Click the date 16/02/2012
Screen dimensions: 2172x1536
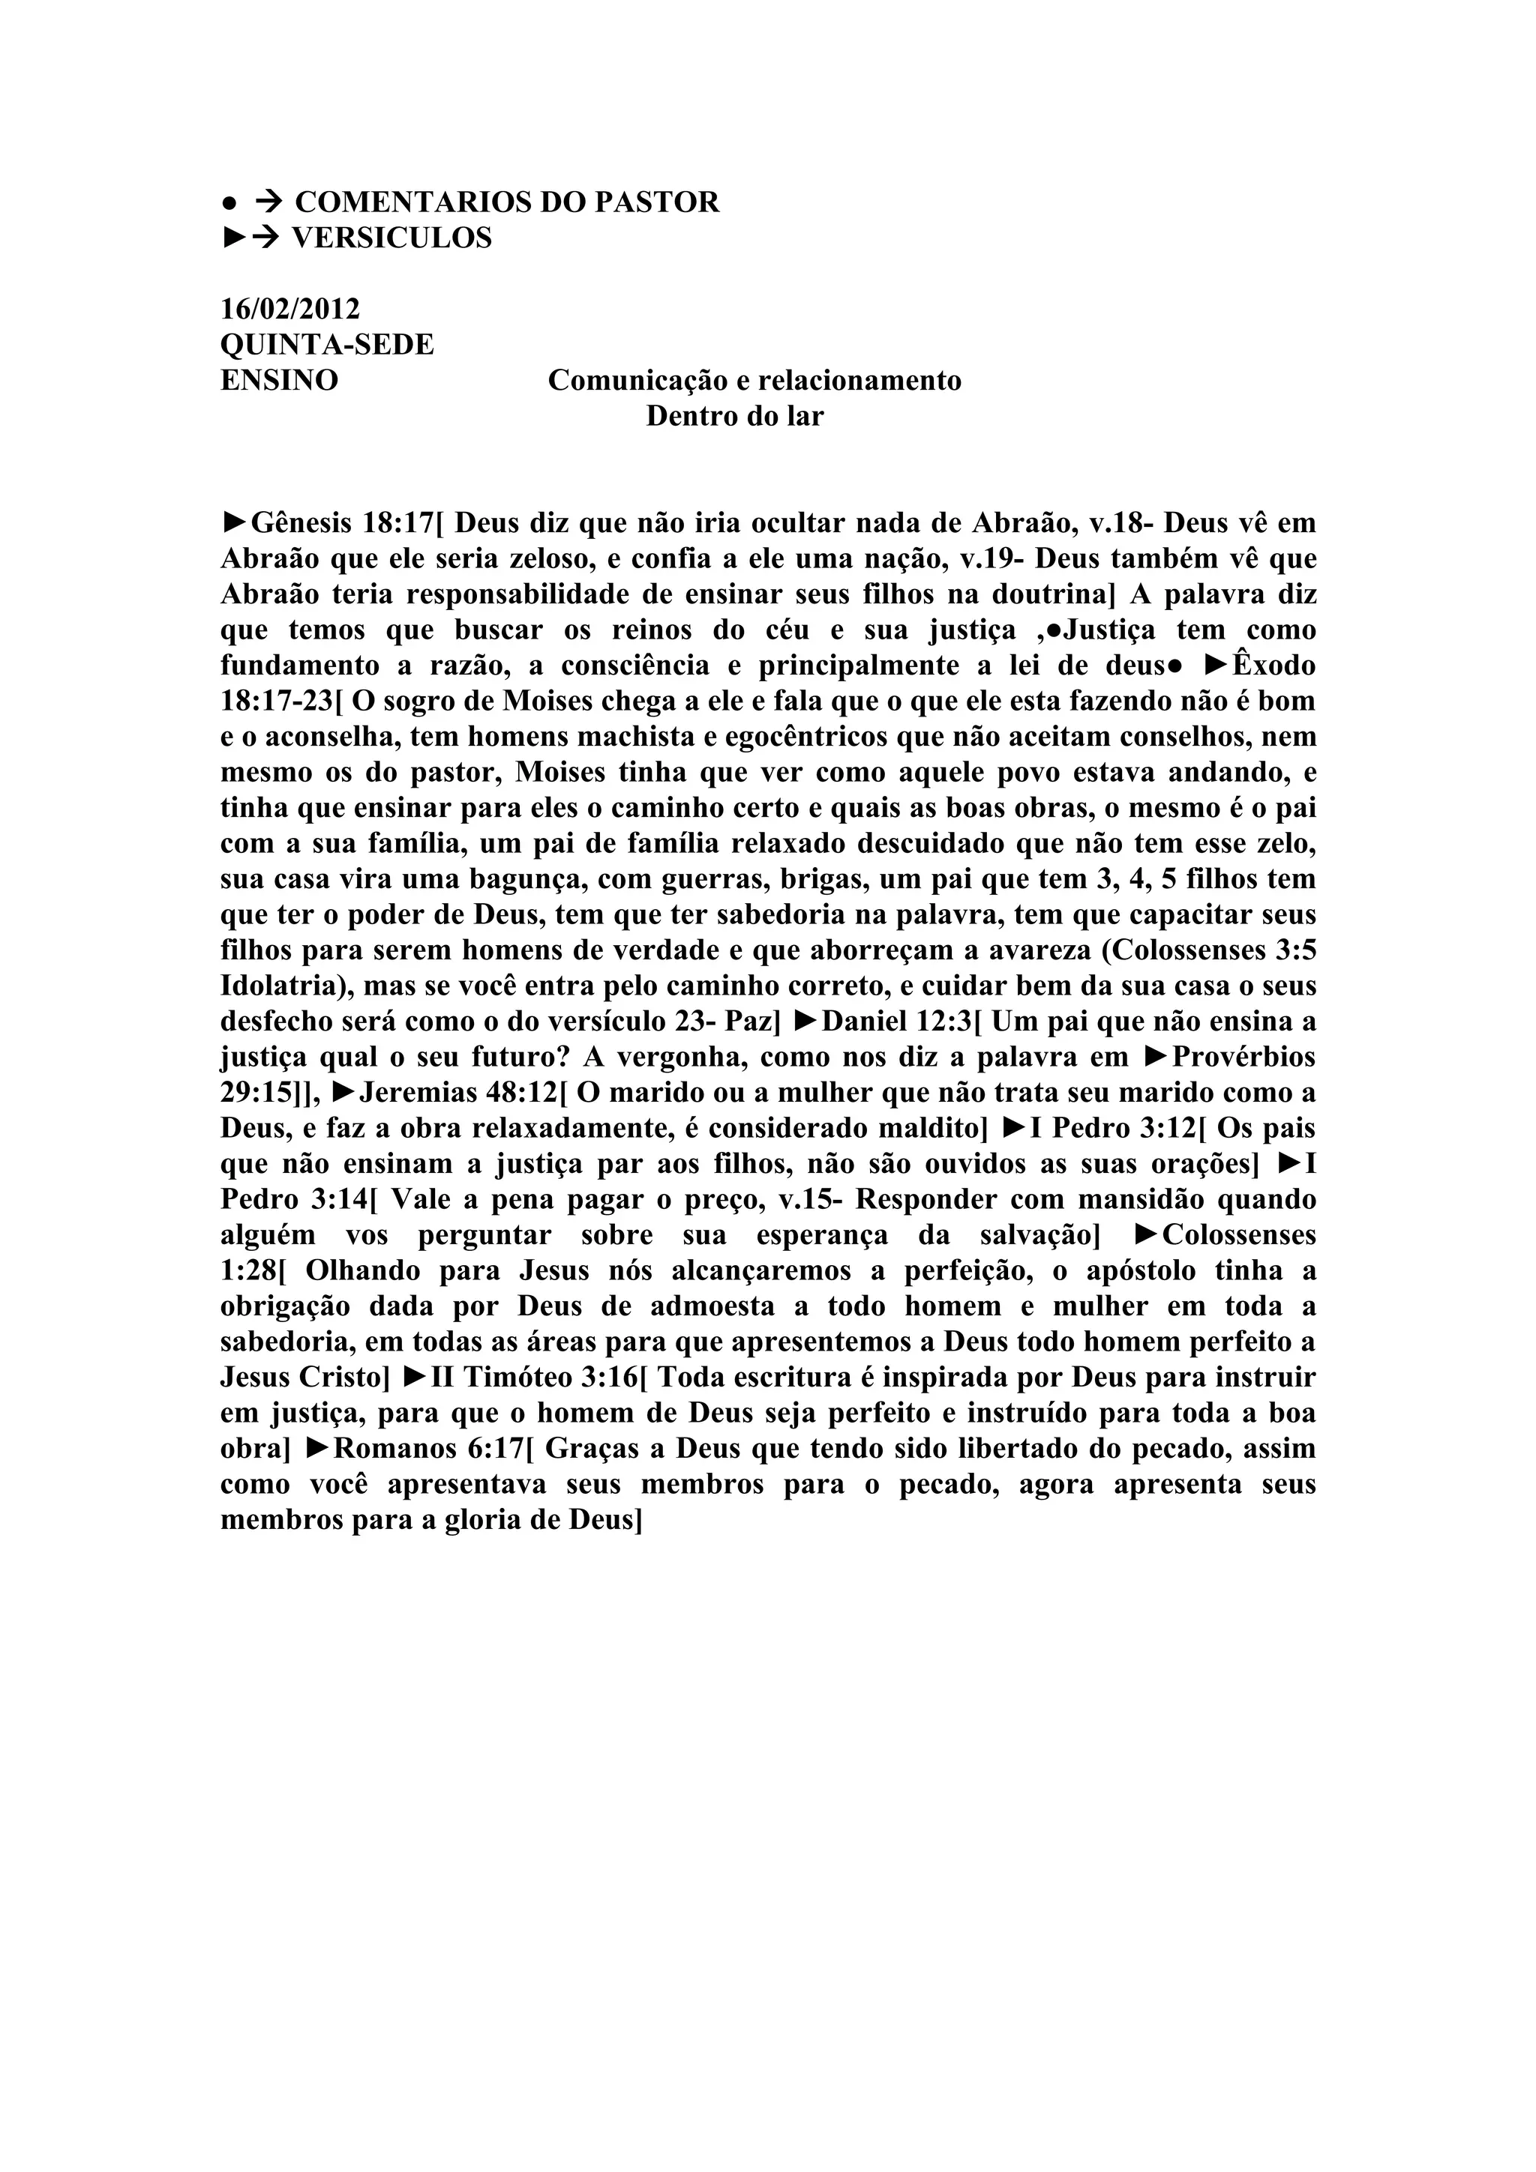coord(289,310)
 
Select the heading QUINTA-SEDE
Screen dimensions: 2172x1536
coord(326,346)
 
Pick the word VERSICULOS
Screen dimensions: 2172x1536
coord(391,238)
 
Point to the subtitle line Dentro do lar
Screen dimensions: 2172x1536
coord(734,416)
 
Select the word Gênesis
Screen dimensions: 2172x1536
coord(302,523)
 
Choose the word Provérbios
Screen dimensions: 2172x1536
coord(1243,1057)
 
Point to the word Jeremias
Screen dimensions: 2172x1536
coord(419,1093)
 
